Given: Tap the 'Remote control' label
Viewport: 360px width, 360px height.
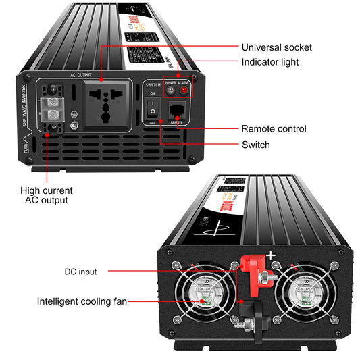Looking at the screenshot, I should click(274, 128).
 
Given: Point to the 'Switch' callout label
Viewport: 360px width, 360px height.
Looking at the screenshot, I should click(256, 145).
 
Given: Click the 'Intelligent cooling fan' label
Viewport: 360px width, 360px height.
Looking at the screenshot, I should click(82, 301).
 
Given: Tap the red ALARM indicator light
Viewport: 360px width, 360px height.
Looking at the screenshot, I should click(184, 89).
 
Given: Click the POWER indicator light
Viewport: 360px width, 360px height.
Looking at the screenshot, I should click(170, 89).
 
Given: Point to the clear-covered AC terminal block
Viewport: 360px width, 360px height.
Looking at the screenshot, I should click(51, 107).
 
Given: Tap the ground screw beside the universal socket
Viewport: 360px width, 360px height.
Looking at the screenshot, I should click(74, 125).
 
